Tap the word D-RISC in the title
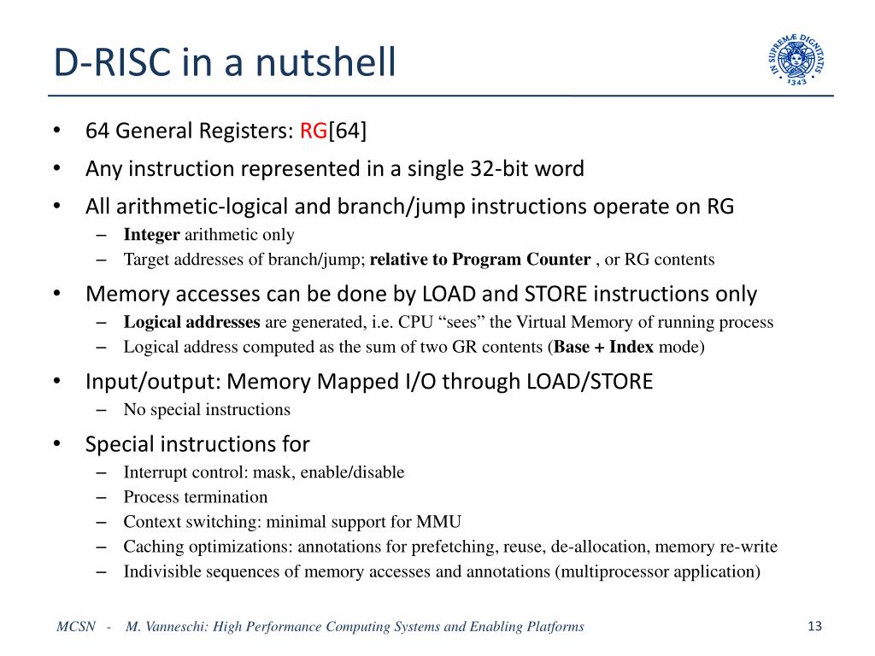[112, 63]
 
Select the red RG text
[314, 131]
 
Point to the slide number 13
[813, 626]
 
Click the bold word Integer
[151, 234]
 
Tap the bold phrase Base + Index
[606, 347]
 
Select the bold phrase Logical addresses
[191, 322]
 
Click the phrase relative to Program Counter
[480, 259]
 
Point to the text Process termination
[195, 496]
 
